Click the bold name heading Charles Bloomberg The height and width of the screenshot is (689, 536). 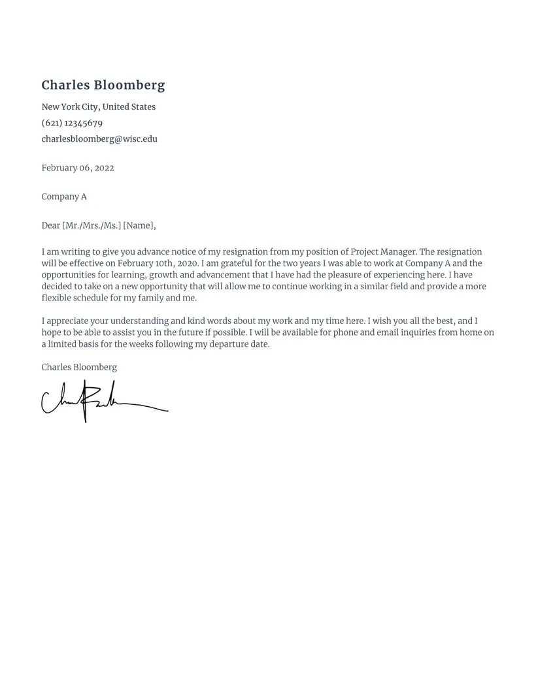click(x=103, y=85)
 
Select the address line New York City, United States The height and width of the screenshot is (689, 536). click(x=99, y=107)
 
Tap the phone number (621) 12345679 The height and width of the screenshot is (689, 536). click(x=72, y=123)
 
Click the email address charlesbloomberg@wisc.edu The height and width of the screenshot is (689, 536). click(x=99, y=139)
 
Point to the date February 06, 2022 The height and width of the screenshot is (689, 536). click(x=78, y=168)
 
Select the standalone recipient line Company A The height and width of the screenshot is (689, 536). click(x=64, y=197)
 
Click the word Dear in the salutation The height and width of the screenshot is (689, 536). click(x=50, y=225)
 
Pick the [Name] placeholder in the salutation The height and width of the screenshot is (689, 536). click(x=139, y=225)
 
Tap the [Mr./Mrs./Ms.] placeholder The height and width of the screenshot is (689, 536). click(x=92, y=225)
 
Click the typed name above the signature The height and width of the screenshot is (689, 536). click(x=79, y=367)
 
